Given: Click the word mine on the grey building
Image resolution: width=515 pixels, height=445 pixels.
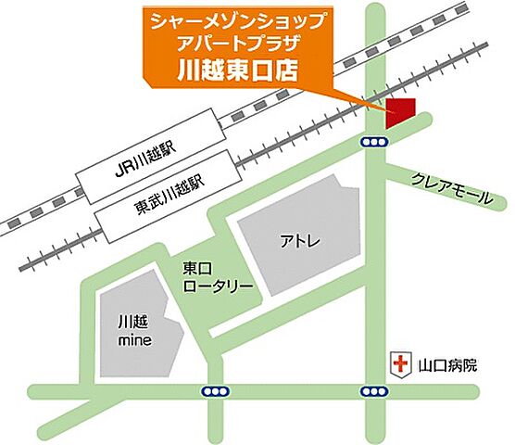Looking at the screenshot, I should click(134, 339).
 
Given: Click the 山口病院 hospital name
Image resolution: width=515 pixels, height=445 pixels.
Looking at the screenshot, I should click(447, 366).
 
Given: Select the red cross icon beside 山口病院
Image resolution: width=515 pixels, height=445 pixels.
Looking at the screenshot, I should click(401, 365).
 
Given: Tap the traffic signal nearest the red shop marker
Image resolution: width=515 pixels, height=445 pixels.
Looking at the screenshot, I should click(373, 142).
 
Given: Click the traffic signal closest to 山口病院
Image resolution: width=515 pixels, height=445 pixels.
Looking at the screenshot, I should click(373, 391).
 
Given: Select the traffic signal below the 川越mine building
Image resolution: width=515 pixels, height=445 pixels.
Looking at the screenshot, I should click(214, 391).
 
